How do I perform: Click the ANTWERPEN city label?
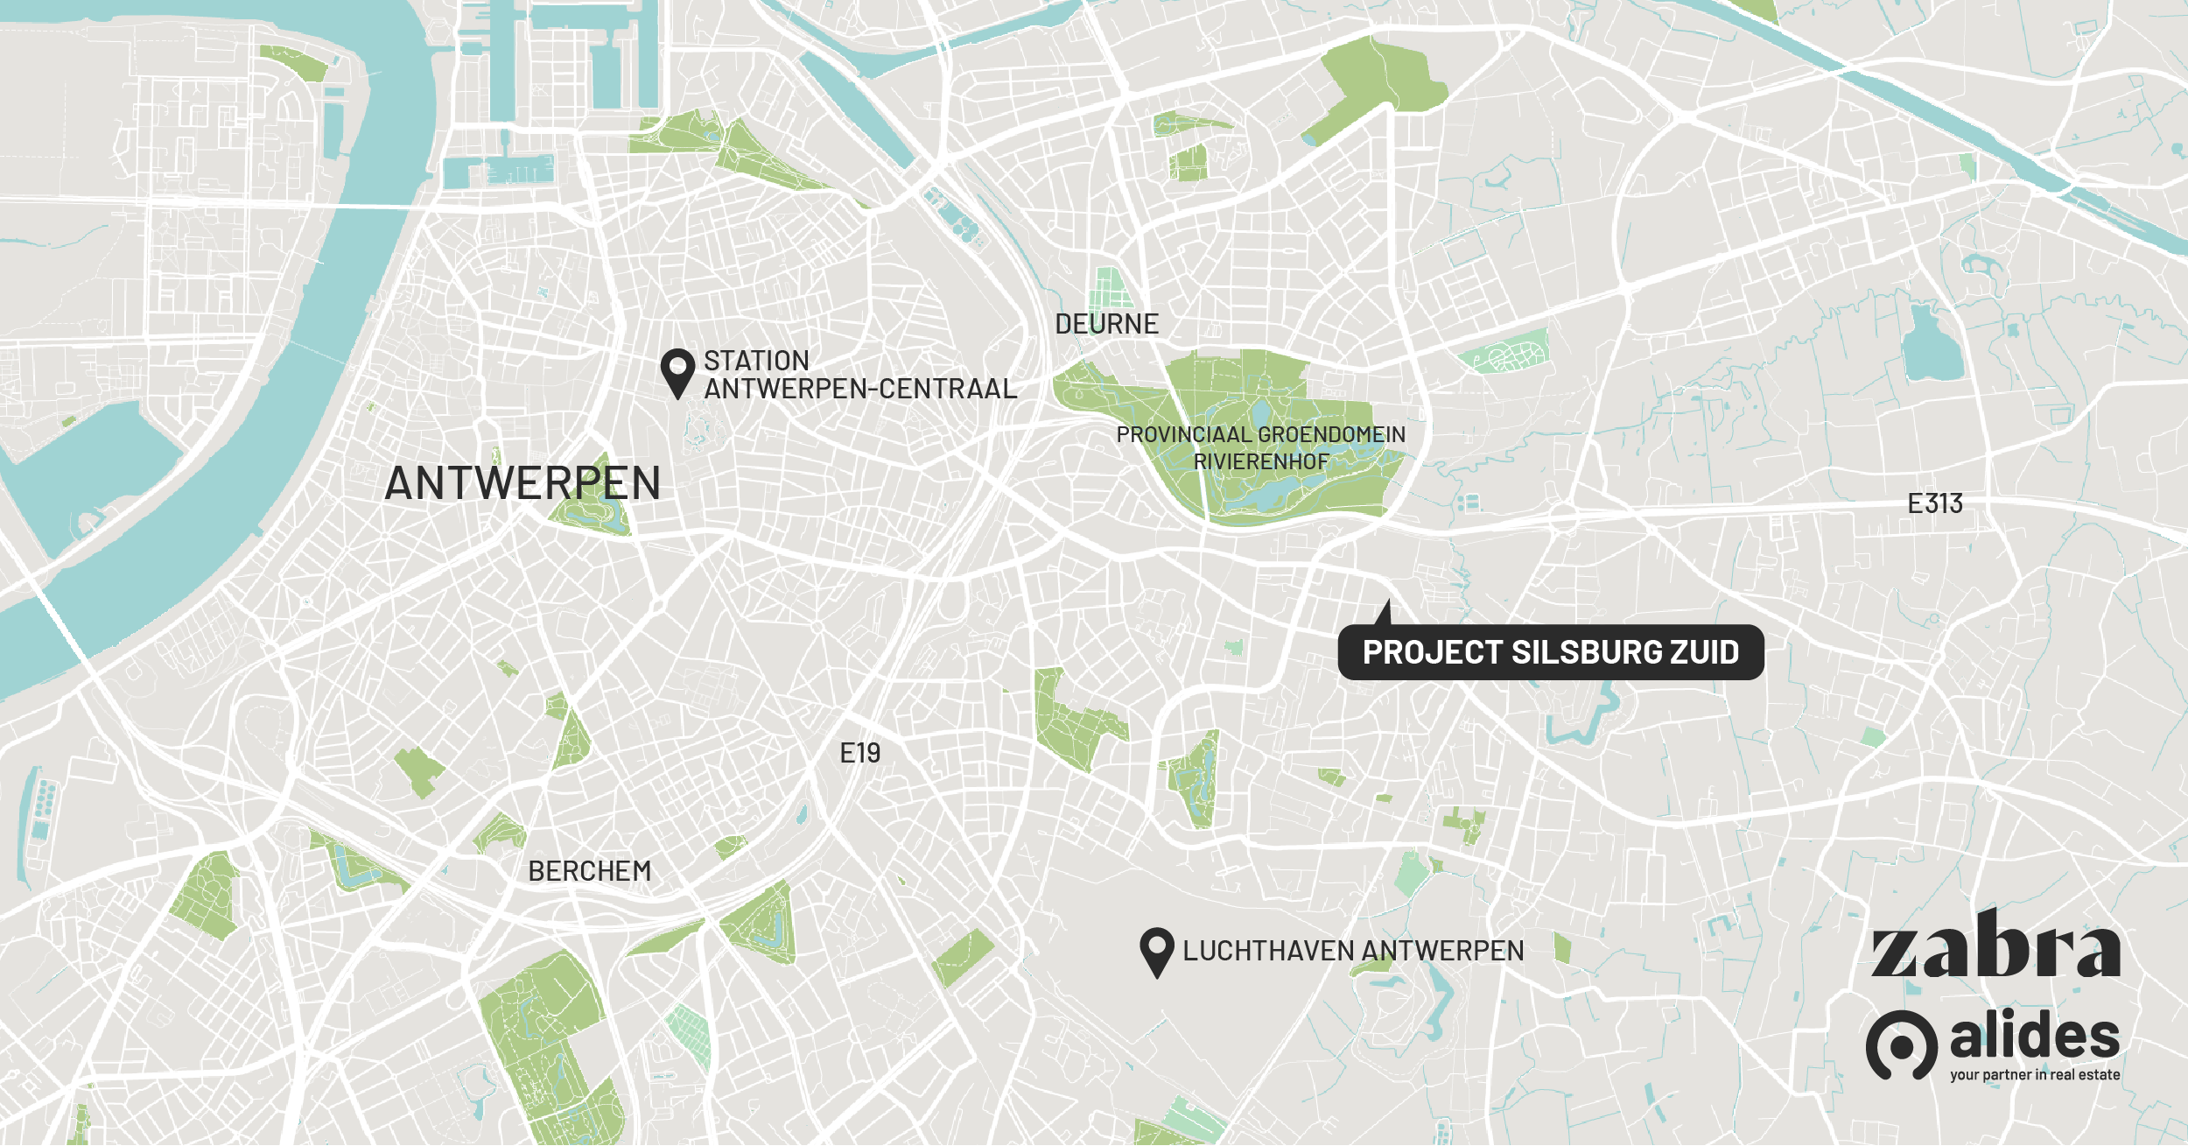click(x=522, y=483)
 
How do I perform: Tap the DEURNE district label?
click(x=1106, y=324)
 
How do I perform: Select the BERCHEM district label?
click(x=590, y=871)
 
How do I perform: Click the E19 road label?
click(x=859, y=753)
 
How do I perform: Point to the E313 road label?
click(x=1935, y=503)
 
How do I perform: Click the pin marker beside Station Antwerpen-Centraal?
click(x=677, y=372)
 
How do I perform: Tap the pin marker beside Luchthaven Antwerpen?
click(x=1156, y=951)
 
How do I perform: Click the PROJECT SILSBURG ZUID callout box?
click(x=1550, y=652)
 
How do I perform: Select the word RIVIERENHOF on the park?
click(x=1261, y=461)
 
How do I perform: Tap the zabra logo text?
click(x=1995, y=947)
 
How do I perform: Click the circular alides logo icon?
click(x=1901, y=1044)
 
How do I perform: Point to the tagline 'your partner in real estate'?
click(x=2035, y=1075)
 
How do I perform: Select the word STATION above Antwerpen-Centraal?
click(x=756, y=361)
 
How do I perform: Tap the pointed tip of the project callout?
click(x=1387, y=602)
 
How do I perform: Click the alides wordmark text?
click(x=2035, y=1036)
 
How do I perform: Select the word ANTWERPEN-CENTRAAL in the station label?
click(x=860, y=389)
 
